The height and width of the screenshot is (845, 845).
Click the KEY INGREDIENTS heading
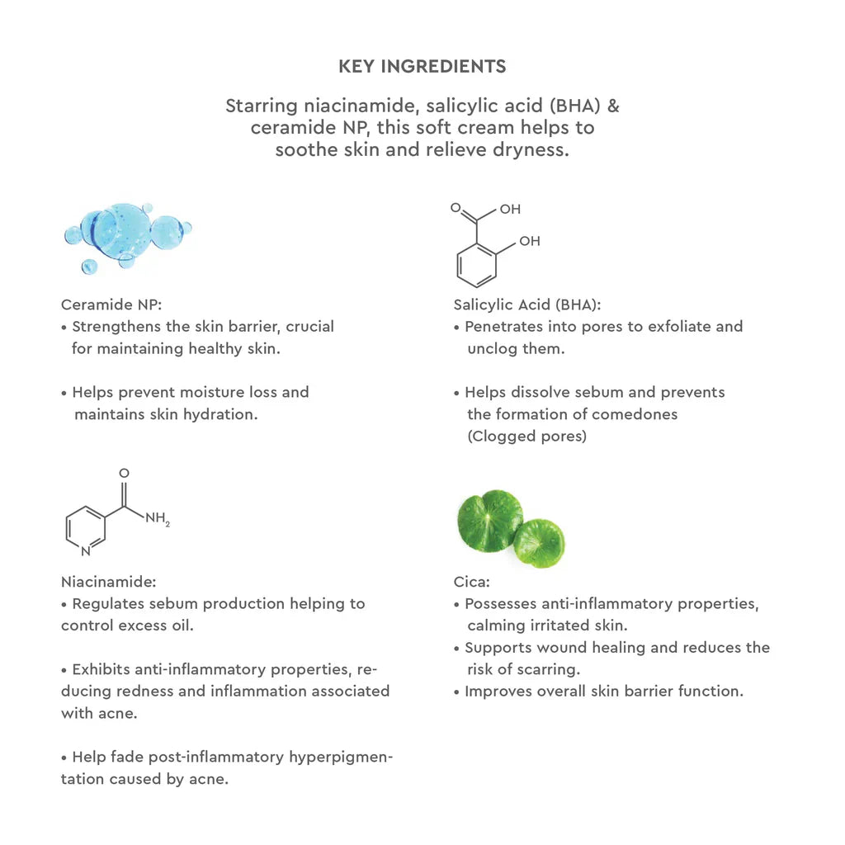422,66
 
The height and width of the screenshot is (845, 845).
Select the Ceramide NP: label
105,304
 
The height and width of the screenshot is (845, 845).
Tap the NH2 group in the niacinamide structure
156,520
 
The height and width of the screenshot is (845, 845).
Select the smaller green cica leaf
539,542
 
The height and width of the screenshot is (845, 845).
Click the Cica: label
472,581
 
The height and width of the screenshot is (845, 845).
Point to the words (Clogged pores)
526,437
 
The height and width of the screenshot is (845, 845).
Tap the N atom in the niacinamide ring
86,550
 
